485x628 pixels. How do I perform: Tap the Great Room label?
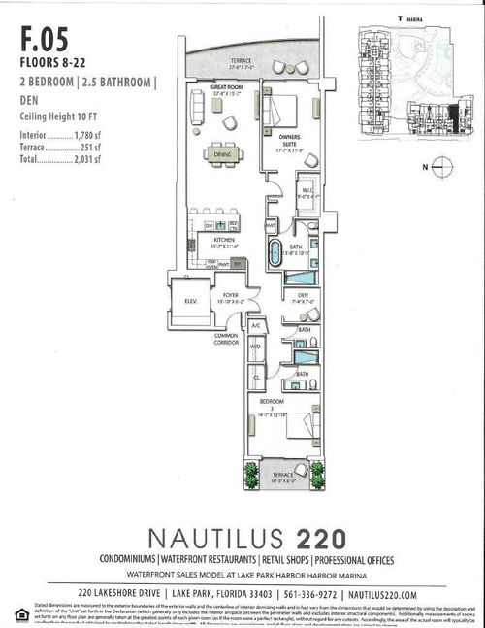point(225,86)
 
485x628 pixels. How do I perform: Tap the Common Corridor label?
point(228,338)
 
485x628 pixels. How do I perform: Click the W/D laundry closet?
point(256,346)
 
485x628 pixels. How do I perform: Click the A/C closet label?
point(256,326)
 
